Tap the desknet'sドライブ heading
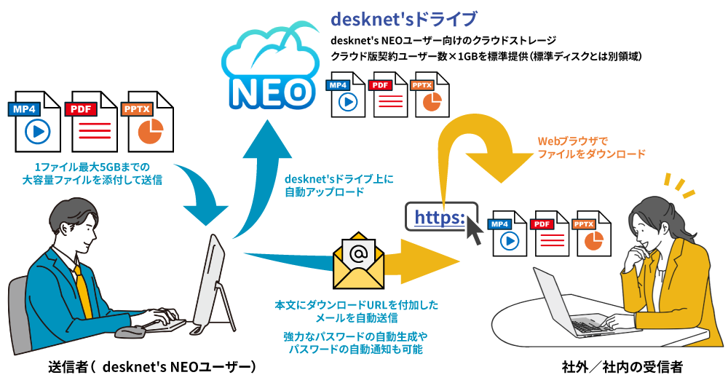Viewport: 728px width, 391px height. [404, 18]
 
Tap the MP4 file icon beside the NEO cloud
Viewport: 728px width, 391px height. [347, 94]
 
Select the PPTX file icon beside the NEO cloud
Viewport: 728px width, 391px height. [430, 94]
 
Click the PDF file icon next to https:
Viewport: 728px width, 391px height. [551, 234]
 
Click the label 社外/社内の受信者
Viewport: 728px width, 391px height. [622, 367]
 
